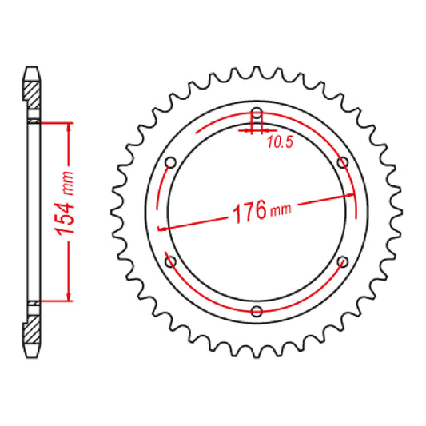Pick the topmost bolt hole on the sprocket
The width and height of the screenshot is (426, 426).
[x=256, y=113]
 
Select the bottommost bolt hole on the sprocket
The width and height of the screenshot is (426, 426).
[x=256, y=311]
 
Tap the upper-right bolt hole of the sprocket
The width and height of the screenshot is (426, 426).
[x=342, y=162]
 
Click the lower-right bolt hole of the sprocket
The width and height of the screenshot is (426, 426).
[x=342, y=261]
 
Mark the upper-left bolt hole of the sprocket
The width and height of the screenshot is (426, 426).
[x=169, y=162]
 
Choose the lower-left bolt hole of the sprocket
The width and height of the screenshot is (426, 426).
[x=169, y=261]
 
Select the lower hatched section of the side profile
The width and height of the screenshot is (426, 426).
[x=32, y=328]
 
